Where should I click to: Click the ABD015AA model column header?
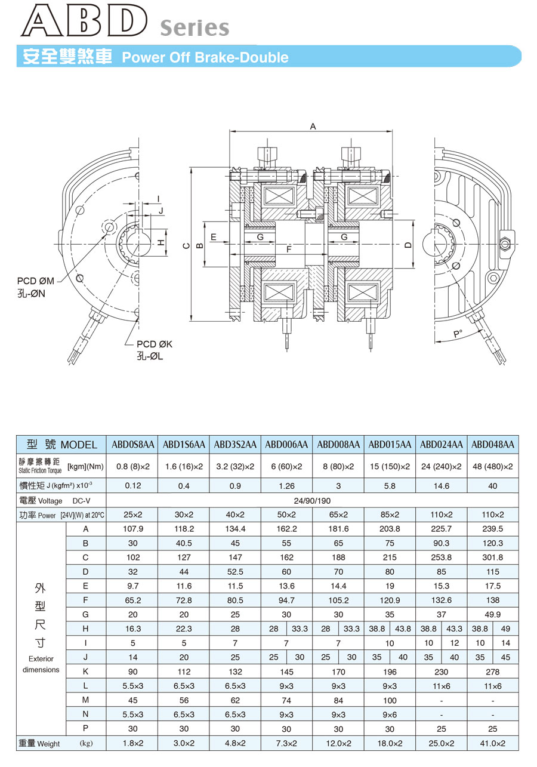point(390,445)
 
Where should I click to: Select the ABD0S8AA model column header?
point(133,445)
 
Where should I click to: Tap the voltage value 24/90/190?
point(312,501)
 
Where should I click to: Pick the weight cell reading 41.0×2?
point(492,743)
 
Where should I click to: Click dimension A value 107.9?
point(133,529)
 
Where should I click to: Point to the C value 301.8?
point(492,557)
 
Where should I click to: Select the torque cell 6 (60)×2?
point(286,466)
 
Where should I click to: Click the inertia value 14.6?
point(441,486)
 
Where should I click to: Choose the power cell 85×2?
point(390,515)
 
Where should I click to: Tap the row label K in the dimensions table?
point(85,671)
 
